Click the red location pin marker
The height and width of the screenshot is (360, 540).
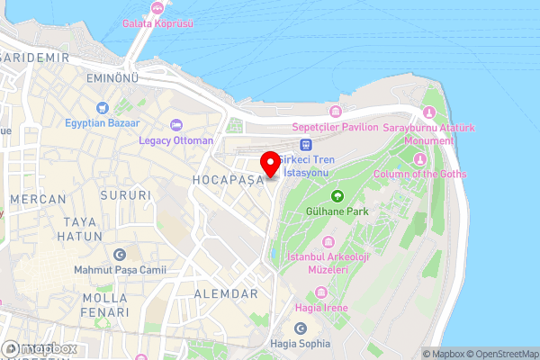click(x=269, y=164)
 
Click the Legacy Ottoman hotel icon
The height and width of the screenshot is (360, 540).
click(x=176, y=123)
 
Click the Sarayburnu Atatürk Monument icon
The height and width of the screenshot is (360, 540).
click(x=428, y=112)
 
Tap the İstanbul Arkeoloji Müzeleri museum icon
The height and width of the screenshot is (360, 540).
click(x=328, y=243)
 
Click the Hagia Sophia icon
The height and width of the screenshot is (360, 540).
click(x=301, y=328)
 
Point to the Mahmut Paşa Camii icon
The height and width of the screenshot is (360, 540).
click(x=120, y=254)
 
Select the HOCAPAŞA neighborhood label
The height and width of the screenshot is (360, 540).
click(x=227, y=180)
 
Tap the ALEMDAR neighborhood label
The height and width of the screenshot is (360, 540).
click(x=225, y=294)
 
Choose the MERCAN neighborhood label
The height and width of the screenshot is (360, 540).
click(x=38, y=199)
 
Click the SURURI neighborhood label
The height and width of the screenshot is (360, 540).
click(x=126, y=194)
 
